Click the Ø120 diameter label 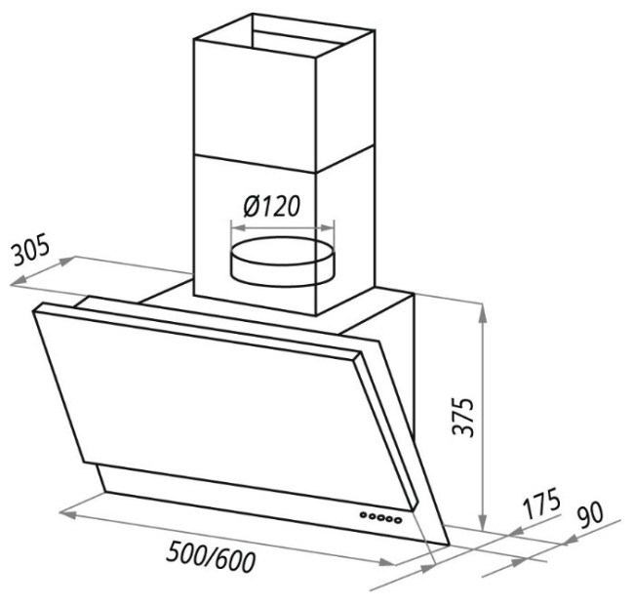click(272, 206)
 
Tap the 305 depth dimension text click(30, 249)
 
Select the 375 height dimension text click(463, 417)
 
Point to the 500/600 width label click(211, 556)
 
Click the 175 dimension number click(540, 504)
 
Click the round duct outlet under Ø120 click(282, 263)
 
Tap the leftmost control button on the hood click(364, 515)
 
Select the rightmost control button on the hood click(398, 520)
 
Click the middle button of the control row click(380, 517)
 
